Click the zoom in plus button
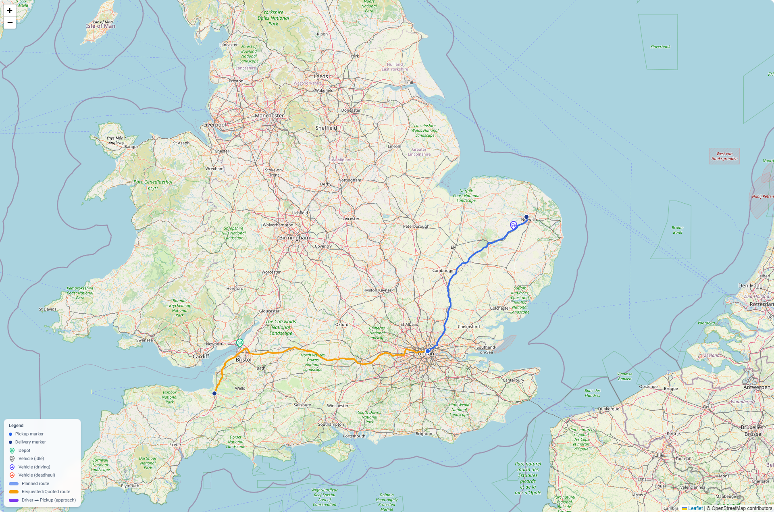tap(10, 11)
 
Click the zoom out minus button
tap(10, 23)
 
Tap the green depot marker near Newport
tap(240, 343)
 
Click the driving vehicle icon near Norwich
tap(513, 225)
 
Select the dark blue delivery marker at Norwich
tap(526, 217)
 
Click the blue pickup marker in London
tap(428, 351)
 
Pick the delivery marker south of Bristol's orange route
tap(214, 393)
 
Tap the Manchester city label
tap(269, 116)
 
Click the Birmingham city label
tap(294, 238)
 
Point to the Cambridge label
tap(443, 271)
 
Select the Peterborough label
tap(416, 226)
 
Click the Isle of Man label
tap(100, 26)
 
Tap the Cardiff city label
tap(201, 356)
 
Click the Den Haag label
tap(750, 285)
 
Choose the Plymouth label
tap(130, 486)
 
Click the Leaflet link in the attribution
tap(695, 508)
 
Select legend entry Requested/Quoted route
tap(46, 492)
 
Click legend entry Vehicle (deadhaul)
tap(36, 475)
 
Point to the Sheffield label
tap(326, 128)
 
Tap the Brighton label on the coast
tap(424, 434)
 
